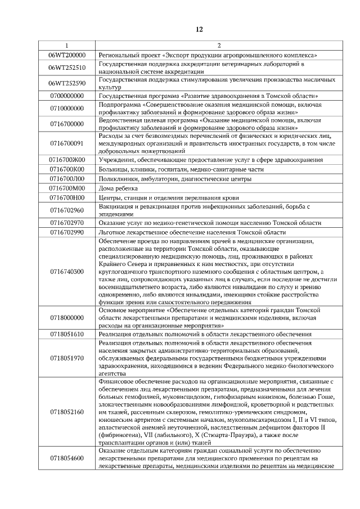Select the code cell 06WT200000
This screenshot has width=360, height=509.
tap(66, 55)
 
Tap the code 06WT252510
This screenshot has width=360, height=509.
tap(66, 67)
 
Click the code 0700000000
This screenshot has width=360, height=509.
tap(66, 96)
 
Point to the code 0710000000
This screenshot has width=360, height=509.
tap(66, 108)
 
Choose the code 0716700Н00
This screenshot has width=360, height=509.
tap(66, 197)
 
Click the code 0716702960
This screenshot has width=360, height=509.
tap(66, 210)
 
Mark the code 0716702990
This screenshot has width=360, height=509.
tap(66, 232)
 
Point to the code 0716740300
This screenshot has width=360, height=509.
tap(66, 271)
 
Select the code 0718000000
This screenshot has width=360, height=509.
tap(66, 318)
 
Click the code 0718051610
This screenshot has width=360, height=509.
tap(66, 334)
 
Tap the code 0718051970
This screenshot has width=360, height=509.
tap(66, 358)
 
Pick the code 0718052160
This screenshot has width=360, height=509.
tap(66, 412)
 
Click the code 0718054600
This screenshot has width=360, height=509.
tap(66, 458)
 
